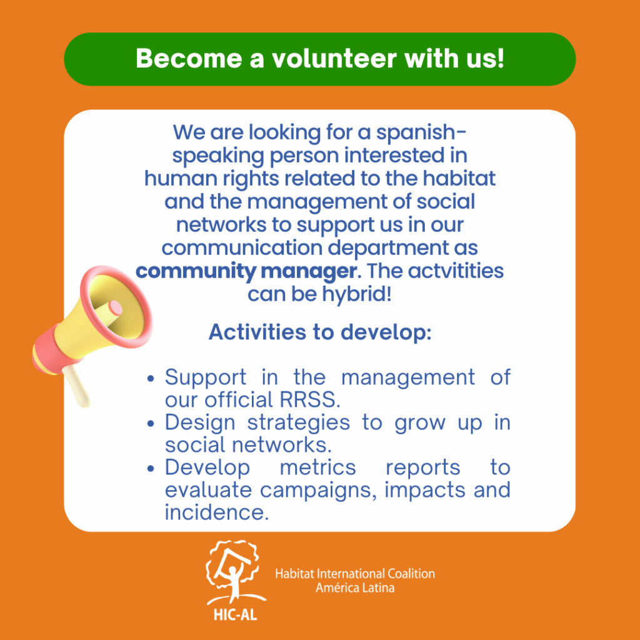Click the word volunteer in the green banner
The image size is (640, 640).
[334, 58]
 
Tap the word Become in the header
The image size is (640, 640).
[189, 58]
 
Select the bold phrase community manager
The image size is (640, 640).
[246, 271]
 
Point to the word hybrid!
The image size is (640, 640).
[357, 295]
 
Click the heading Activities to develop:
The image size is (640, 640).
[320, 332]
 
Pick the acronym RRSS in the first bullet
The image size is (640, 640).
[310, 399]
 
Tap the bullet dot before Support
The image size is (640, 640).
[151, 378]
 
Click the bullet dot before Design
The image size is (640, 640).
[151, 424]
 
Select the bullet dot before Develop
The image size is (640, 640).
[151, 469]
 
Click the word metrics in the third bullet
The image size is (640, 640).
[318, 467]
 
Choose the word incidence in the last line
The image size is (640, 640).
[217, 512]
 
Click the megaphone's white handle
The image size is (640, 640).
[78, 385]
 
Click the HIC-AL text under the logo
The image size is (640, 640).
[235, 615]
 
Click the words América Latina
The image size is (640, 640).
[355, 587]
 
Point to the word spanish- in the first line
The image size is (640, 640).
[421, 133]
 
